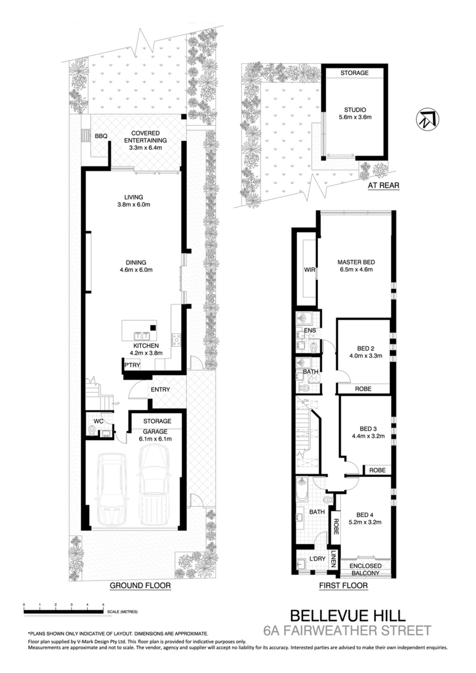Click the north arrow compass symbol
coord(427,119)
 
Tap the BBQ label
coord(101,136)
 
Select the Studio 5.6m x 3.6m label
coord(355,114)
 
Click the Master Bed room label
coord(356,266)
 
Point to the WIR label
coord(310,270)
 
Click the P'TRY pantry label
coord(132,365)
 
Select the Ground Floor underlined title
coord(140,585)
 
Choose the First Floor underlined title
coord(343,585)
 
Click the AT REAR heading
coord(383,186)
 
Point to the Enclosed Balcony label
coord(365,569)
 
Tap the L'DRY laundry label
coord(317,559)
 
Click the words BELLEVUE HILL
coord(348,616)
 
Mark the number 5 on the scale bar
coord(103,605)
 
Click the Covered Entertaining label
coord(146,140)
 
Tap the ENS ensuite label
coord(310,331)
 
